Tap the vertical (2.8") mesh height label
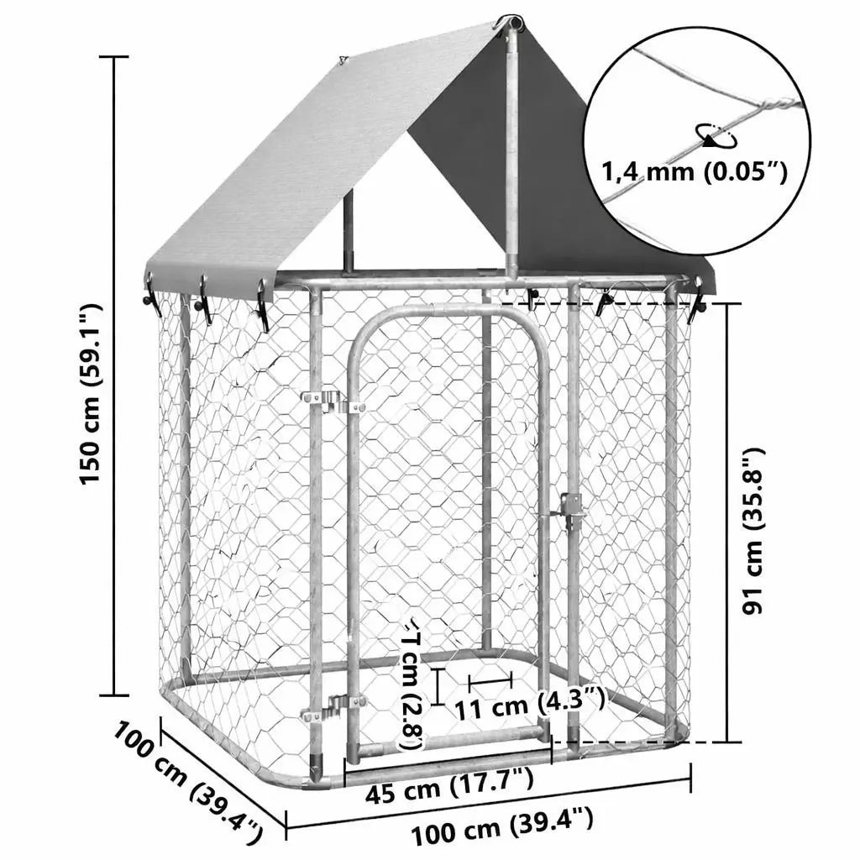click(412, 684)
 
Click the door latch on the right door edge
click(571, 509)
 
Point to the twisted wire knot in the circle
click(777, 105)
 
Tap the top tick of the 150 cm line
click(114, 57)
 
